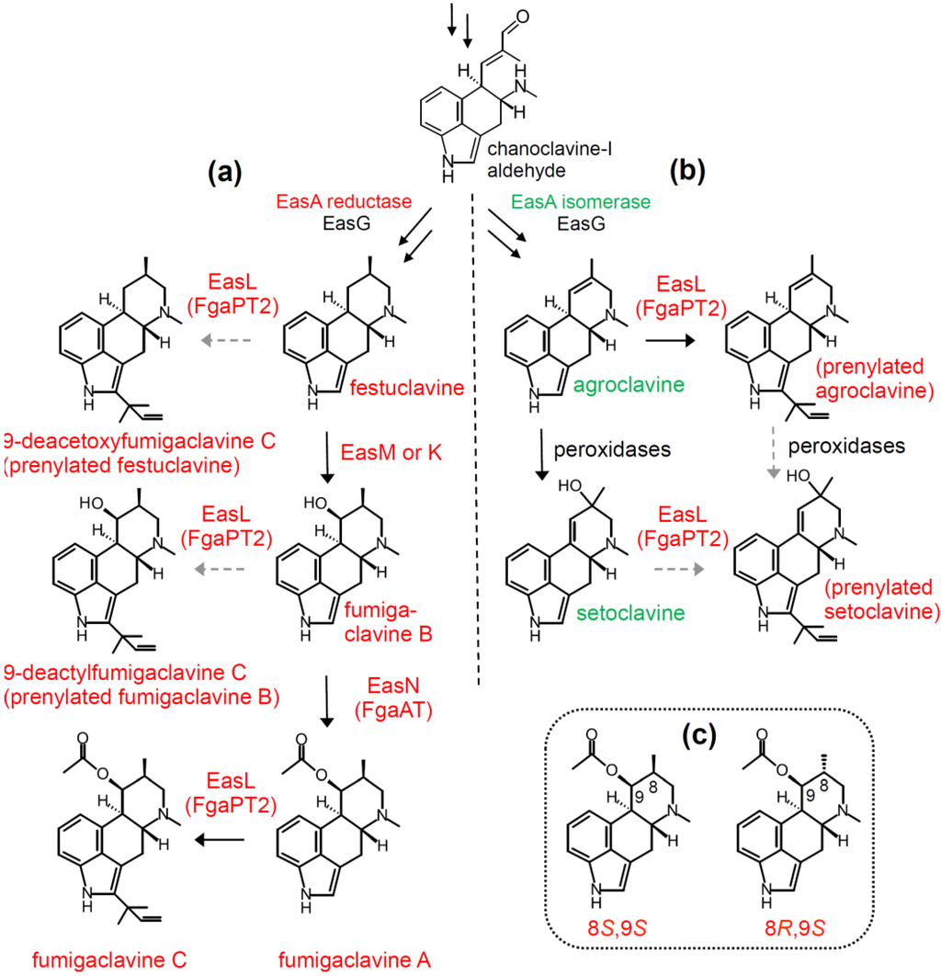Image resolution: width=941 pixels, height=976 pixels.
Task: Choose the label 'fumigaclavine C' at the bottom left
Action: (110, 960)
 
